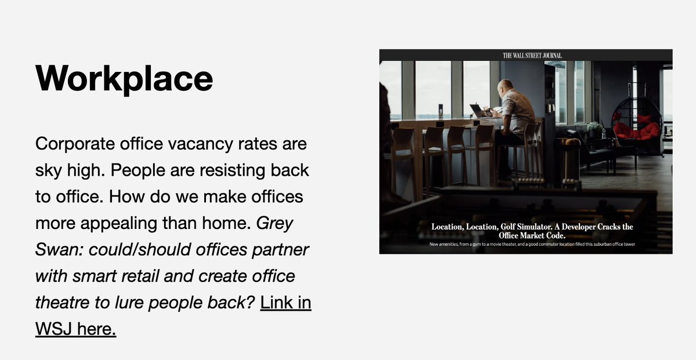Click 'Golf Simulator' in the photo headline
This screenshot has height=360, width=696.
pyautogui.click(x=517, y=227)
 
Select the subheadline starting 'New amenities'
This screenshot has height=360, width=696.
pyautogui.click(x=532, y=245)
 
